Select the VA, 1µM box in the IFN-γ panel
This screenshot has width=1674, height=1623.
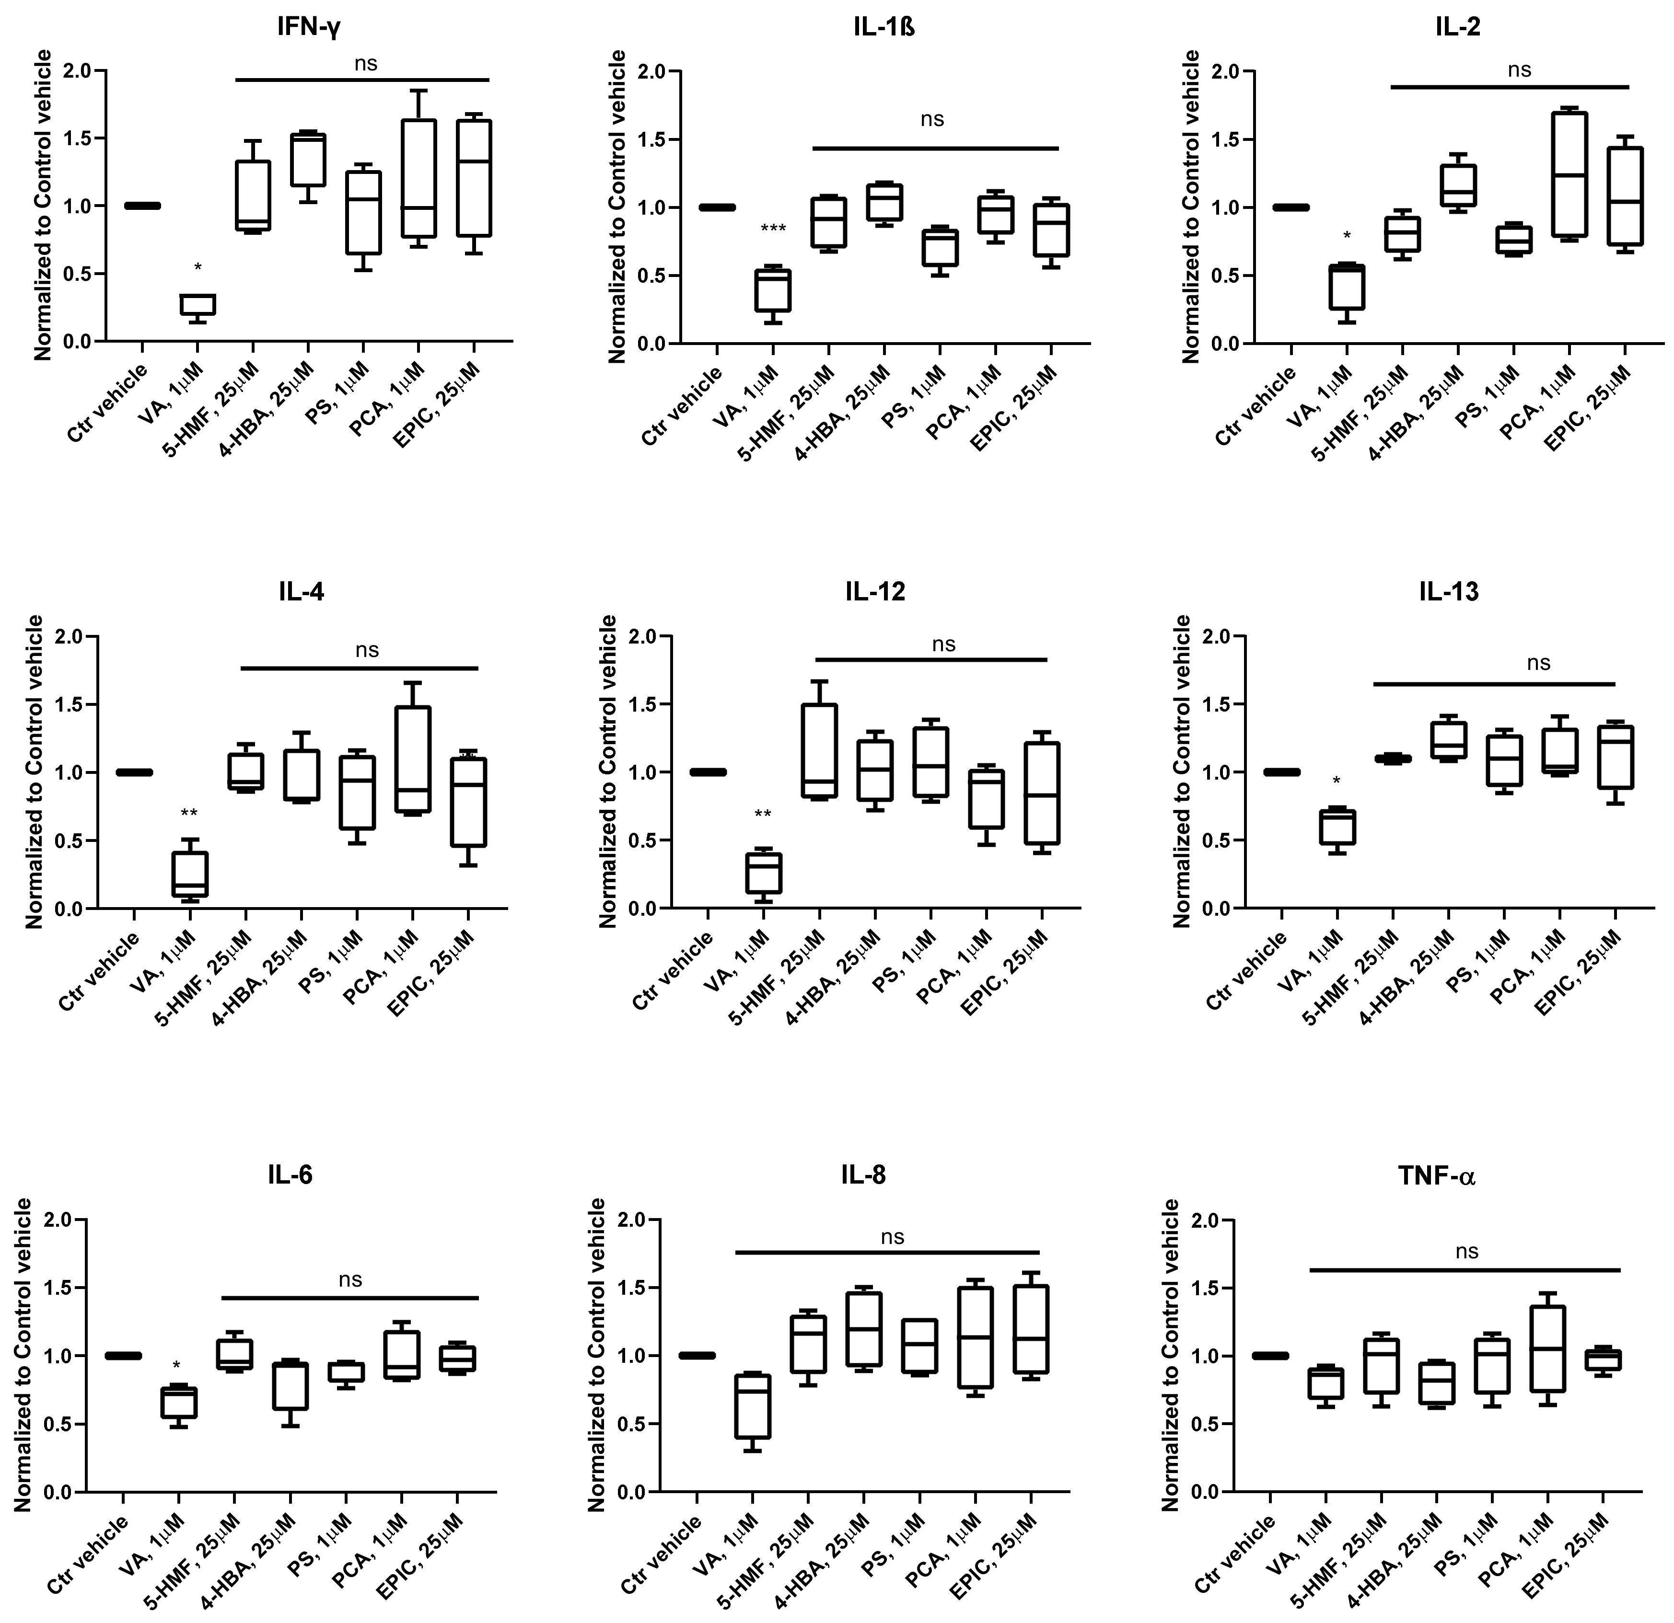pos(198,305)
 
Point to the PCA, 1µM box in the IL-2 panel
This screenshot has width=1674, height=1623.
pos(1569,174)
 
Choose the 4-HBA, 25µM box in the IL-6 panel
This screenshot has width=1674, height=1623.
pos(291,1386)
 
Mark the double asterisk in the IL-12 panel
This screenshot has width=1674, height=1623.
pos(763,815)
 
